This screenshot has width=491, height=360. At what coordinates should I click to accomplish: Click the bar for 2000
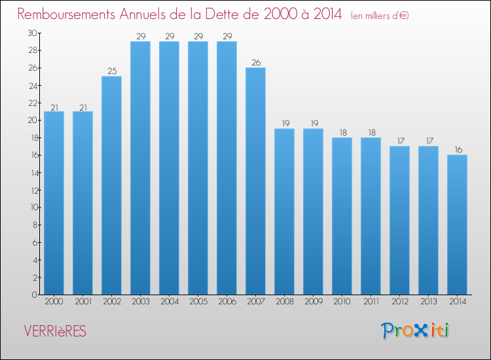coord(54,203)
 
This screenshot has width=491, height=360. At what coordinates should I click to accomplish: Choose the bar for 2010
coord(342,216)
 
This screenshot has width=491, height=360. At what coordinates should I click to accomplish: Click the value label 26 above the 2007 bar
coord(255,63)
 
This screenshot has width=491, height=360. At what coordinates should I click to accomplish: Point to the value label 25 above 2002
coord(111,71)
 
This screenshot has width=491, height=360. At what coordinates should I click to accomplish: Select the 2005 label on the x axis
coord(198,301)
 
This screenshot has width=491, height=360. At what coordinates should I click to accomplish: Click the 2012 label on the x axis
coord(399,301)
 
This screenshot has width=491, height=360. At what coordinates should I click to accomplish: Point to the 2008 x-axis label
coord(284,301)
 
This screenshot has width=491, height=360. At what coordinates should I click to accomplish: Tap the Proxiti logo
coord(416,331)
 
